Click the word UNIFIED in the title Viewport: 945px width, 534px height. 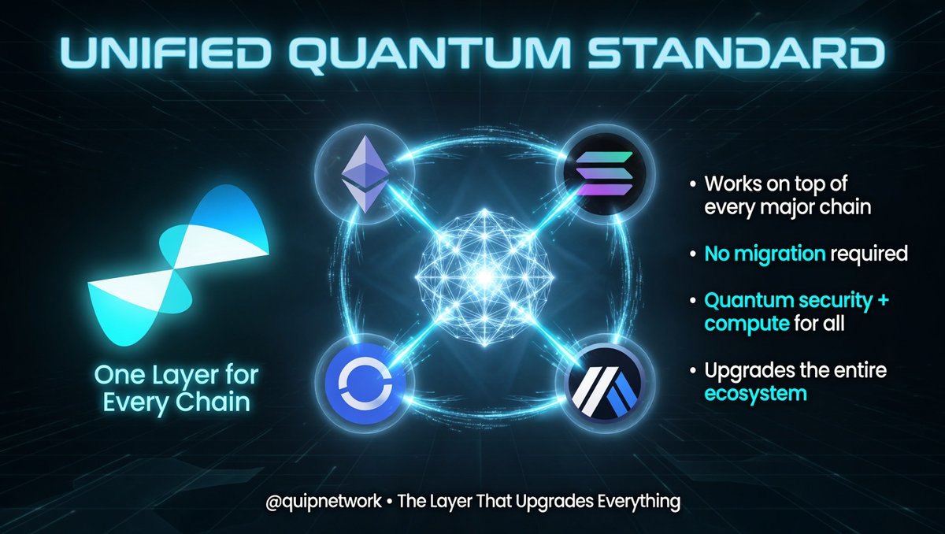point(165,54)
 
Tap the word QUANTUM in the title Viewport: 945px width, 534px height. point(429,55)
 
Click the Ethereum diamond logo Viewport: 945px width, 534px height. point(365,174)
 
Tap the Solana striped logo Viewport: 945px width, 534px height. point(605,174)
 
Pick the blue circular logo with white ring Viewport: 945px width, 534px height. point(365,383)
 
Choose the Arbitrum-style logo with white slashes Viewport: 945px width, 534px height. point(605,383)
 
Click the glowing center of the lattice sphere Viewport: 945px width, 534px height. point(485,276)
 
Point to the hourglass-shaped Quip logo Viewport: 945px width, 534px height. point(178,265)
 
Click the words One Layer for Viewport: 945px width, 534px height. point(176,375)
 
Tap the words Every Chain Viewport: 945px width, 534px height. point(176,402)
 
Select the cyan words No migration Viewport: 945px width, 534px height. point(765,254)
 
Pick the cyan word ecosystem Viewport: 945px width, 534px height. point(755,394)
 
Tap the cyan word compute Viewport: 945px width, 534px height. point(747,324)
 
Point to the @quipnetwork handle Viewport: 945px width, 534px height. point(324,502)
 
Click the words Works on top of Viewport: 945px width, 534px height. point(776,184)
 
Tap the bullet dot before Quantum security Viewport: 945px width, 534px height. point(693,301)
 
